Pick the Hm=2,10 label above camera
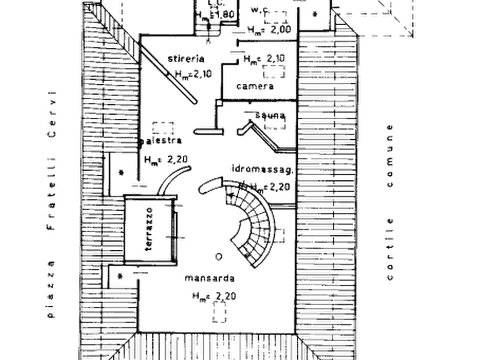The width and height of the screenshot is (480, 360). coord(258,58)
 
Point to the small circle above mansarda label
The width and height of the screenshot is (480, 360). coord(217,257)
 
